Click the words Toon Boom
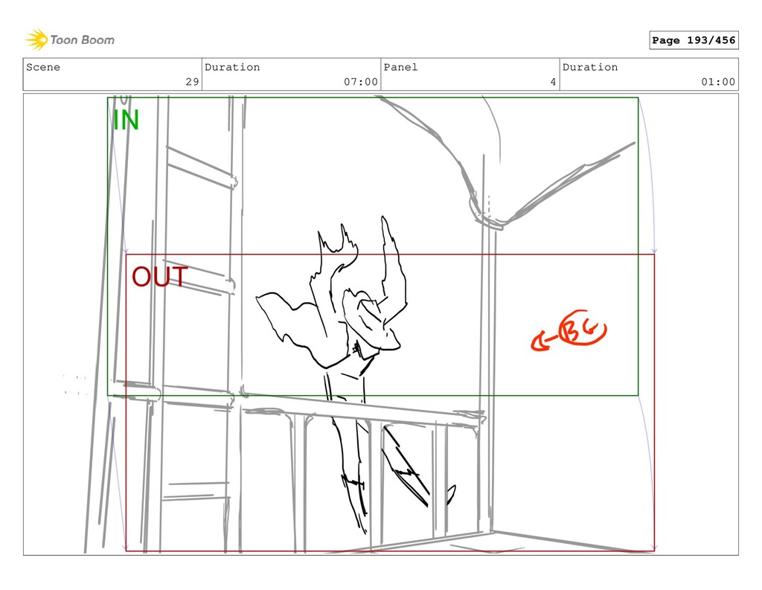click(82, 40)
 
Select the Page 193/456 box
click(694, 40)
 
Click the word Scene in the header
click(43, 67)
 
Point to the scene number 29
click(193, 82)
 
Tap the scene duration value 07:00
click(361, 82)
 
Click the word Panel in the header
click(400, 67)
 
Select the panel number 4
click(553, 82)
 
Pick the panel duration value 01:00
click(718, 82)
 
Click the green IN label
click(126, 120)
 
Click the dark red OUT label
click(159, 277)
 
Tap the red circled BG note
click(582, 328)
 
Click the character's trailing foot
click(451, 494)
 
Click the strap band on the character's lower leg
click(353, 481)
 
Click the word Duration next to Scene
click(232, 67)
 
